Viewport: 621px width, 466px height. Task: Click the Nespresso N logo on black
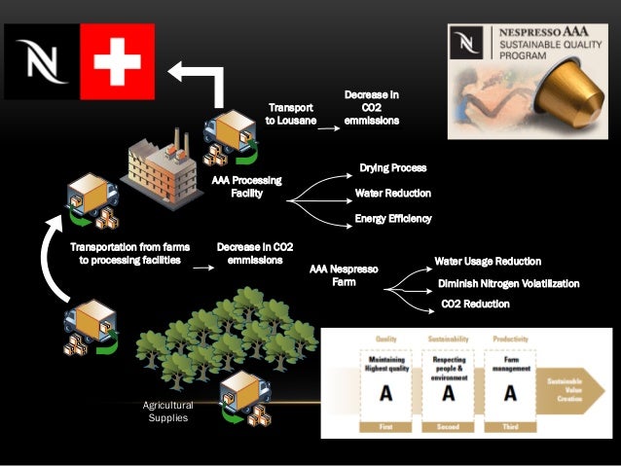click(40, 62)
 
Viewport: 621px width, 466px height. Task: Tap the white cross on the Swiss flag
click(118, 62)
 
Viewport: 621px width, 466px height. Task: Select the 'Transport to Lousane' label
click(291, 113)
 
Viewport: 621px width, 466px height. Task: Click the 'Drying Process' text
click(392, 168)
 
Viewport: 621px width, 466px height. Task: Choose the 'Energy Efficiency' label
click(393, 219)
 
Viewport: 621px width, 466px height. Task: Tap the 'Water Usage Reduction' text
click(488, 262)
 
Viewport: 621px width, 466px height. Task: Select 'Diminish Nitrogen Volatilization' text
click(509, 283)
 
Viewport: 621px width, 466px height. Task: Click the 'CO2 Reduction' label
click(475, 305)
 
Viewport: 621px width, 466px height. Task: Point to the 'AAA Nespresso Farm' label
click(343, 274)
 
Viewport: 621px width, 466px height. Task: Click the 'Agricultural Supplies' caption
click(168, 412)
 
